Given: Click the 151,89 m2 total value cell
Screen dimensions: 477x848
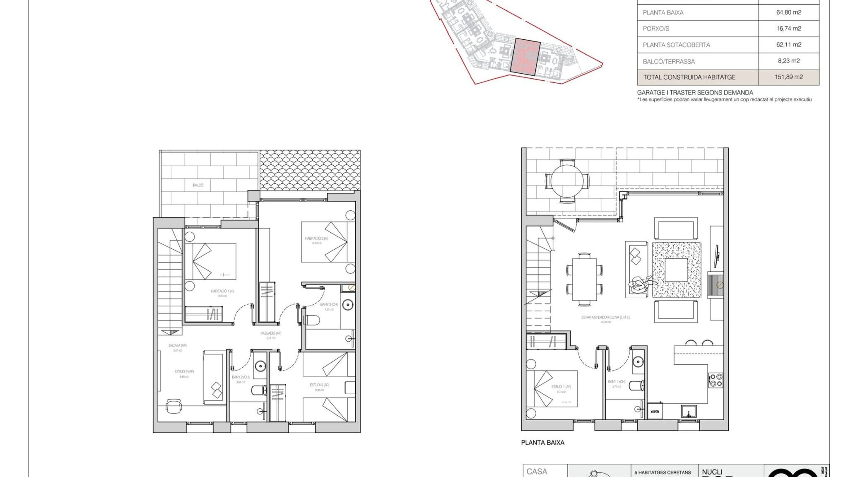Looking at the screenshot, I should [788, 77].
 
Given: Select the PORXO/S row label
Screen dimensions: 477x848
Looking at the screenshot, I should [656, 29].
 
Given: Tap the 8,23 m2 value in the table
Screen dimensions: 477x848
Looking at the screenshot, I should [788, 61].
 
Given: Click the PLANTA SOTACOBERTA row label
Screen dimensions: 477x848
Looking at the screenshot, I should [676, 45].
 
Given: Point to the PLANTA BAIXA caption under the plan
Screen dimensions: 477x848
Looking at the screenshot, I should [542, 443].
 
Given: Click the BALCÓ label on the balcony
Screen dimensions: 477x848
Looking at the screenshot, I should [198, 185].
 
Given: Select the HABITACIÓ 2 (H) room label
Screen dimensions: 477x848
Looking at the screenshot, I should [316, 238].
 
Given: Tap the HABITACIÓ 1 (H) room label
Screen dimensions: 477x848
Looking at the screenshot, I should [222, 291].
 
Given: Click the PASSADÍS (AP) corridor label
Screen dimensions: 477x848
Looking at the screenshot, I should [271, 333].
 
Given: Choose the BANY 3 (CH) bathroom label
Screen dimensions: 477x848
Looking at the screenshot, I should [329, 304].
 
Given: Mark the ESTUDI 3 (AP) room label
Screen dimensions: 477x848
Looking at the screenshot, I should [319, 385].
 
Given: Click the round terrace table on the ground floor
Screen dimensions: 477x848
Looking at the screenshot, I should [567, 181].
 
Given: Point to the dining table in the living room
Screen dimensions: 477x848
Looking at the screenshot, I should [584, 279].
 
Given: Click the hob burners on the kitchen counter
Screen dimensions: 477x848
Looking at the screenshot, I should [716, 380].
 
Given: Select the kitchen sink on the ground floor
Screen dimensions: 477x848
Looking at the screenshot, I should [688, 412].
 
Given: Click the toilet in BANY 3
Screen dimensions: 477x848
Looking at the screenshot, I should [312, 320].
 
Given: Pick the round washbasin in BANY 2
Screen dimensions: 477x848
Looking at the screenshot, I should [260, 366].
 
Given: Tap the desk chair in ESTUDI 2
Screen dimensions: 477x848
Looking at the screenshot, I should [173, 405].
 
